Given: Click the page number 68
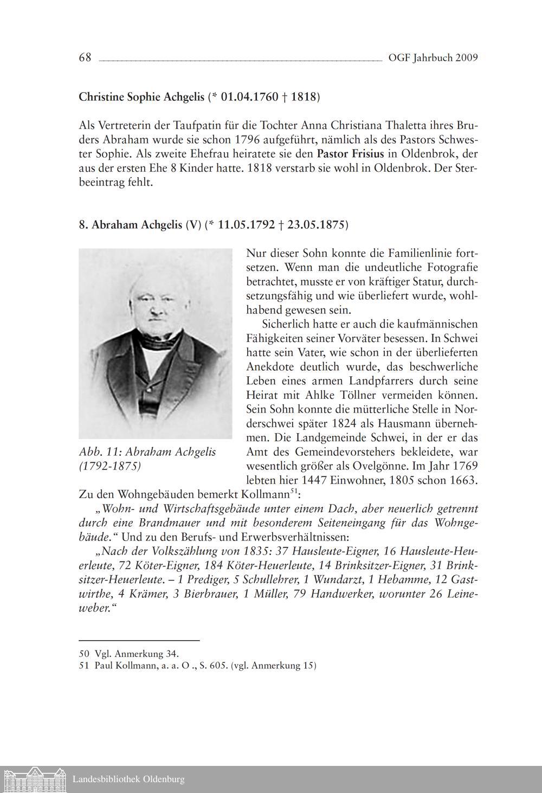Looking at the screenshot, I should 85,58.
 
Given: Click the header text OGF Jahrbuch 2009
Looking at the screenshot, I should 433,58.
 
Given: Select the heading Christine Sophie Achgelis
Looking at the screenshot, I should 141,98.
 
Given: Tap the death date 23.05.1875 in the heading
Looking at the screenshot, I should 317,225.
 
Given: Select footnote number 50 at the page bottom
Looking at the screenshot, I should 84,654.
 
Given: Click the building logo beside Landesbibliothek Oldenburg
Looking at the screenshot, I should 34,779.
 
